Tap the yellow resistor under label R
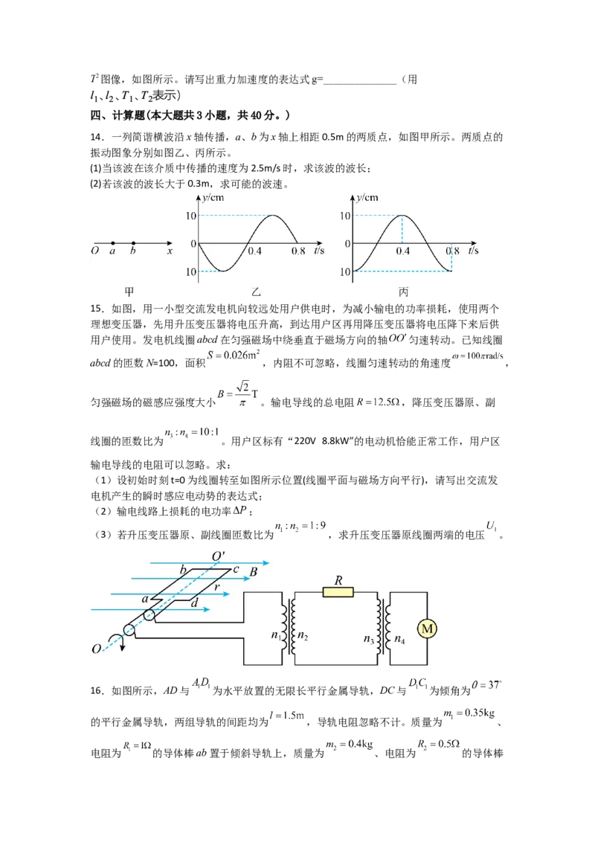pyautogui.click(x=338, y=593)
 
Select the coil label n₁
pyautogui.click(x=275, y=635)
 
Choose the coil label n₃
pyautogui.click(x=369, y=637)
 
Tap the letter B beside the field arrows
pyautogui.click(x=254, y=572)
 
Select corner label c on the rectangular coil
pyautogui.click(x=236, y=569)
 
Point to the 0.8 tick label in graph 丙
pyautogui.click(x=452, y=251)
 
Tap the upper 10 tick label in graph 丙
pyautogui.click(x=345, y=216)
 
